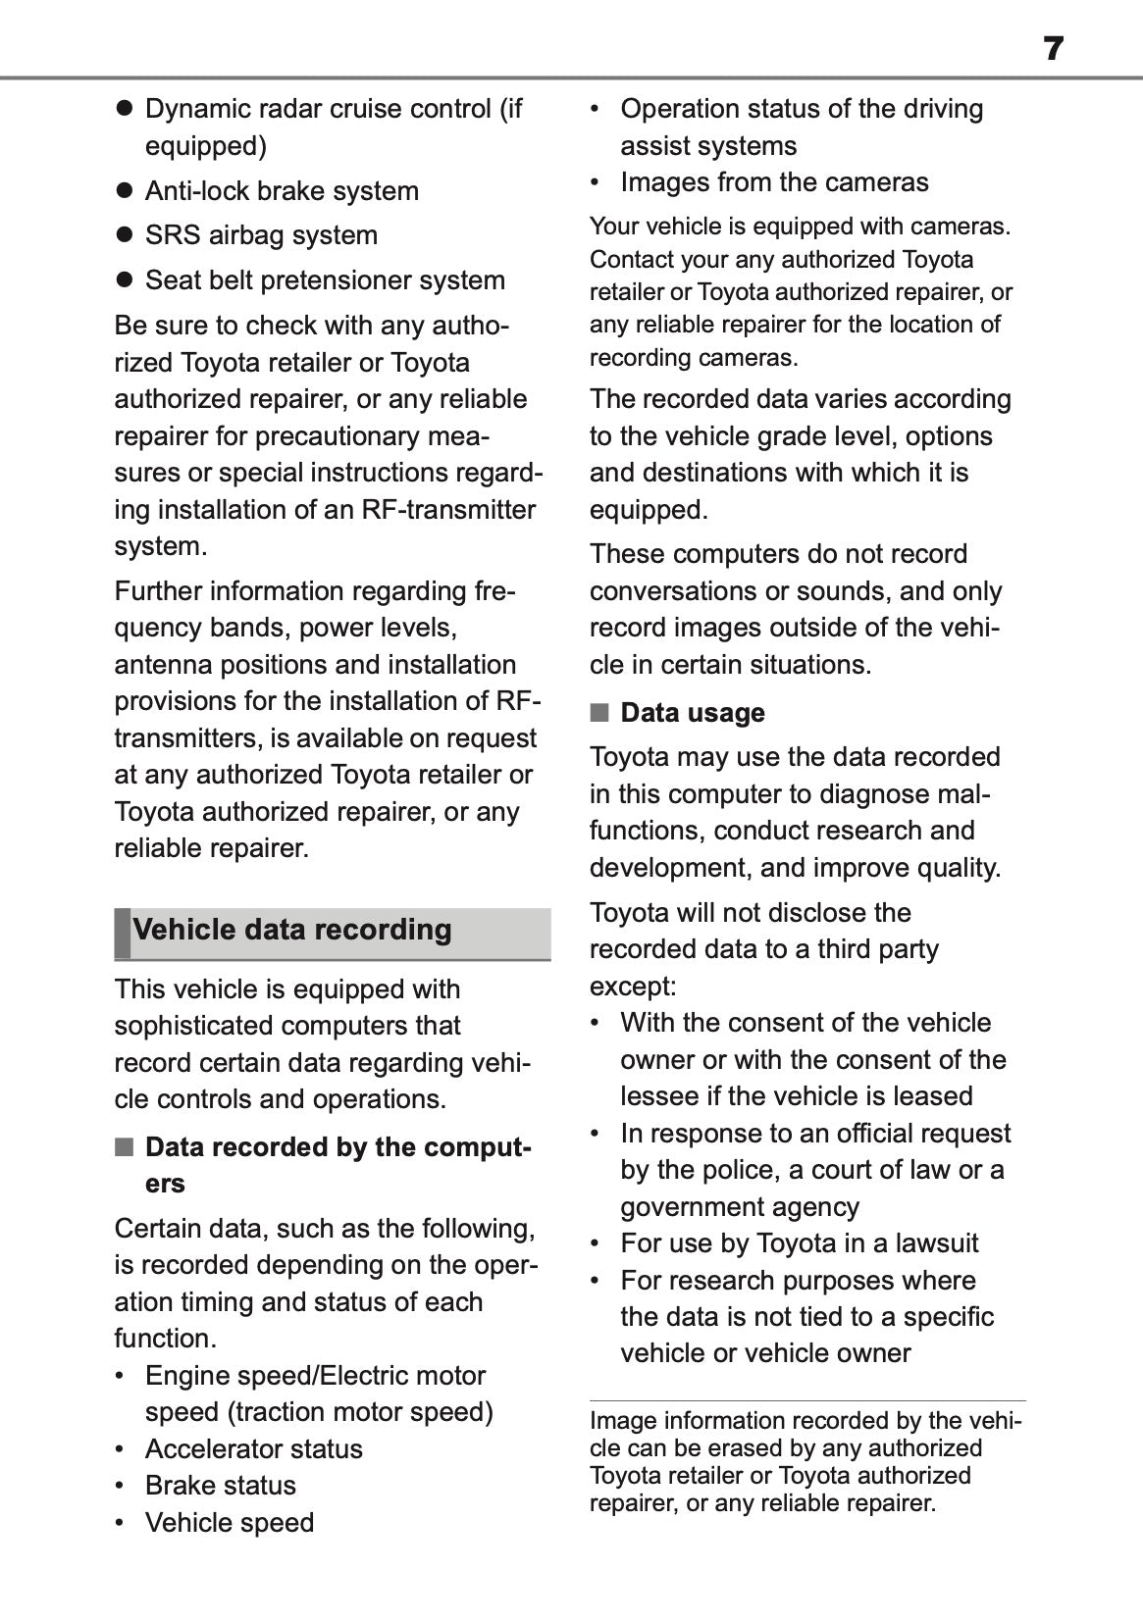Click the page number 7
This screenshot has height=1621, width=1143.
(1053, 48)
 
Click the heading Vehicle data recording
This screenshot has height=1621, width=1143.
(292, 930)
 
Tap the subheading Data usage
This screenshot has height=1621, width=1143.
(692, 713)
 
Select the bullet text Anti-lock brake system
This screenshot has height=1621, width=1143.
(282, 191)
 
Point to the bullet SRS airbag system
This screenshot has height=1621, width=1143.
(261, 235)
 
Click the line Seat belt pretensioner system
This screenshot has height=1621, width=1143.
(325, 280)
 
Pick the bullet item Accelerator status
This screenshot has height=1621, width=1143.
(253, 1449)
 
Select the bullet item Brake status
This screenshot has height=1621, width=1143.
(220, 1486)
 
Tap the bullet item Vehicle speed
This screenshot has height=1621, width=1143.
(230, 1523)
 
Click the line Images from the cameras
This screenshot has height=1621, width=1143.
(774, 182)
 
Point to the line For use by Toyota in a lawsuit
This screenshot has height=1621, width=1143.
(799, 1243)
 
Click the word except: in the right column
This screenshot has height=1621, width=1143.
(633, 987)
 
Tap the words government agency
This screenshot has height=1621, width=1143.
(739, 1207)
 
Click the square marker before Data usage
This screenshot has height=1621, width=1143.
(598, 713)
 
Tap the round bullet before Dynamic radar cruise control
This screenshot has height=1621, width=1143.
(124, 109)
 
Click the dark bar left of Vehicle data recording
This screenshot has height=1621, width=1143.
(122, 933)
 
